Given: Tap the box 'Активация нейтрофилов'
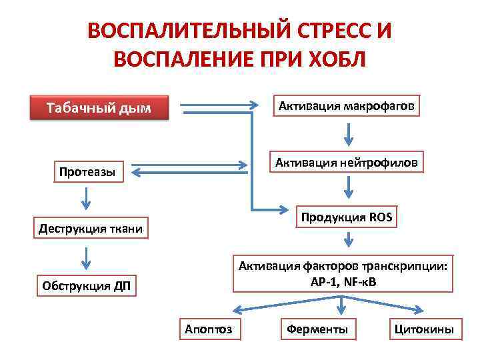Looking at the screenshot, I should pos(345,163).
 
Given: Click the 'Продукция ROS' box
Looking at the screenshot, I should pos(346,217).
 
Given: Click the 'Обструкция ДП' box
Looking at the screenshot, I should pos(87,287).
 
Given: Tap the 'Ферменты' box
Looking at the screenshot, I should pos(317,329).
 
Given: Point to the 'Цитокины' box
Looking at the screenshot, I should pos(424,329).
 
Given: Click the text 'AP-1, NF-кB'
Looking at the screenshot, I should pos(343,281).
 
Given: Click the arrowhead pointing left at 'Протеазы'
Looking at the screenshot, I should pos(136,172).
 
